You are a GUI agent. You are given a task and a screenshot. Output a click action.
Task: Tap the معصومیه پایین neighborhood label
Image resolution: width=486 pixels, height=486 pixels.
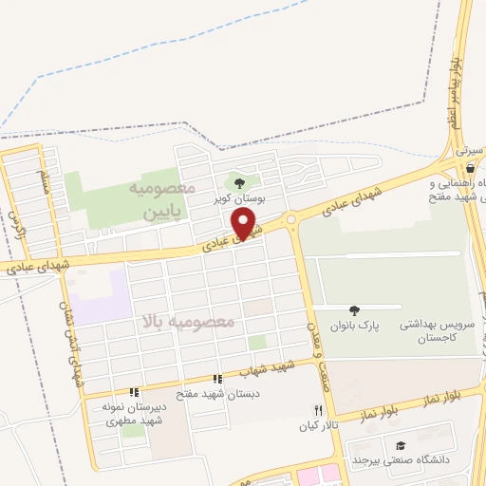160,201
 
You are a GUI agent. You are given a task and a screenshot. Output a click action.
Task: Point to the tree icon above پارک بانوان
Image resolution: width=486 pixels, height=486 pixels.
354,310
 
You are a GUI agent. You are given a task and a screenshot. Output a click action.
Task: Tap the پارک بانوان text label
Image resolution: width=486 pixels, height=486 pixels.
354,326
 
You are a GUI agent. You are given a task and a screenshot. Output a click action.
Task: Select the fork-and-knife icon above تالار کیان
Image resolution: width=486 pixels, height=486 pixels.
318,411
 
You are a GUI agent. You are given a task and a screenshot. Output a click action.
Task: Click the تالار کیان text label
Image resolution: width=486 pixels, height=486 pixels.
319,426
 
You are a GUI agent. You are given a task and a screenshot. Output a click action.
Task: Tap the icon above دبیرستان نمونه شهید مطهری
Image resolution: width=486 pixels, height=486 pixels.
134,391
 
